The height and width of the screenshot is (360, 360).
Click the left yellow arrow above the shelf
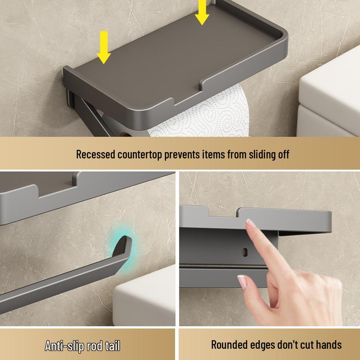coord(103,47)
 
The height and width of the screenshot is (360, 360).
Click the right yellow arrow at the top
coord(202,12)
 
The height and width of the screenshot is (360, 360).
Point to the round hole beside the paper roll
coord(125,134)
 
